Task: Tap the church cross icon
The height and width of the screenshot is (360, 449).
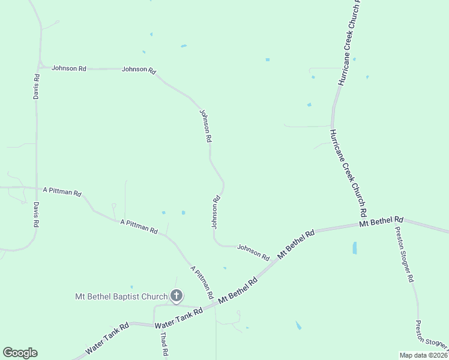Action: (x=176, y=295)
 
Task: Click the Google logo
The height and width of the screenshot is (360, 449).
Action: (x=20, y=353)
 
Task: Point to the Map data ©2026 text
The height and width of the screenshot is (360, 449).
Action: (x=423, y=355)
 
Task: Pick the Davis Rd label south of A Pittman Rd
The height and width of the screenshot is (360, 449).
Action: (x=36, y=214)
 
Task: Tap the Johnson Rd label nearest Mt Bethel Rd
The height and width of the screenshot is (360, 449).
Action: (x=253, y=251)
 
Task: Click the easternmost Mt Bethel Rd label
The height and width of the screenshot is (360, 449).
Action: (x=381, y=222)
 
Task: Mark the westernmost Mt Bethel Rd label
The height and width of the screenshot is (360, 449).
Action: (x=238, y=290)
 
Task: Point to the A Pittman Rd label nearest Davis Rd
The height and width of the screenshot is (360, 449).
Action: (x=62, y=191)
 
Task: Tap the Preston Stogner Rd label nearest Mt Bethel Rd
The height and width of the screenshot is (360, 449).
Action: (x=404, y=254)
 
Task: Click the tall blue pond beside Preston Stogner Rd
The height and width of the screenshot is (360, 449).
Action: (x=355, y=247)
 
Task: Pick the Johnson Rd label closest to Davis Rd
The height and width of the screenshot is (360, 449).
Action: (x=68, y=68)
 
